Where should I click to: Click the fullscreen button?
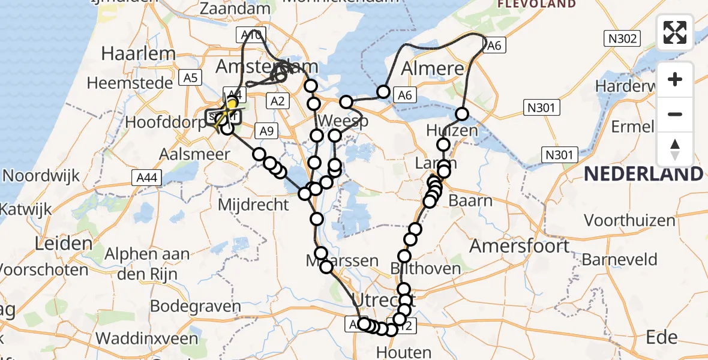[x=675, y=32]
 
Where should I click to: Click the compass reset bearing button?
[x=675, y=149]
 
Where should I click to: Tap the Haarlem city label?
[x=138, y=53]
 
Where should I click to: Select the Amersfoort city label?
[x=520, y=245]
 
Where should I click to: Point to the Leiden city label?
[x=64, y=244]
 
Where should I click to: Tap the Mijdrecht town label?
[x=253, y=205]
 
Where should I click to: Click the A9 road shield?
[x=266, y=130]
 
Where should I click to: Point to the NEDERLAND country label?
[x=643, y=174]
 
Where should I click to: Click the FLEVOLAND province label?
[x=536, y=4]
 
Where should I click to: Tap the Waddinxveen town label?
[x=146, y=338]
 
